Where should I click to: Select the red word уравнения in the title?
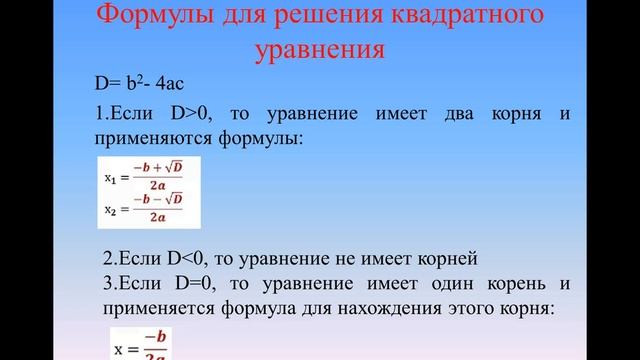tap(320, 50)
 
